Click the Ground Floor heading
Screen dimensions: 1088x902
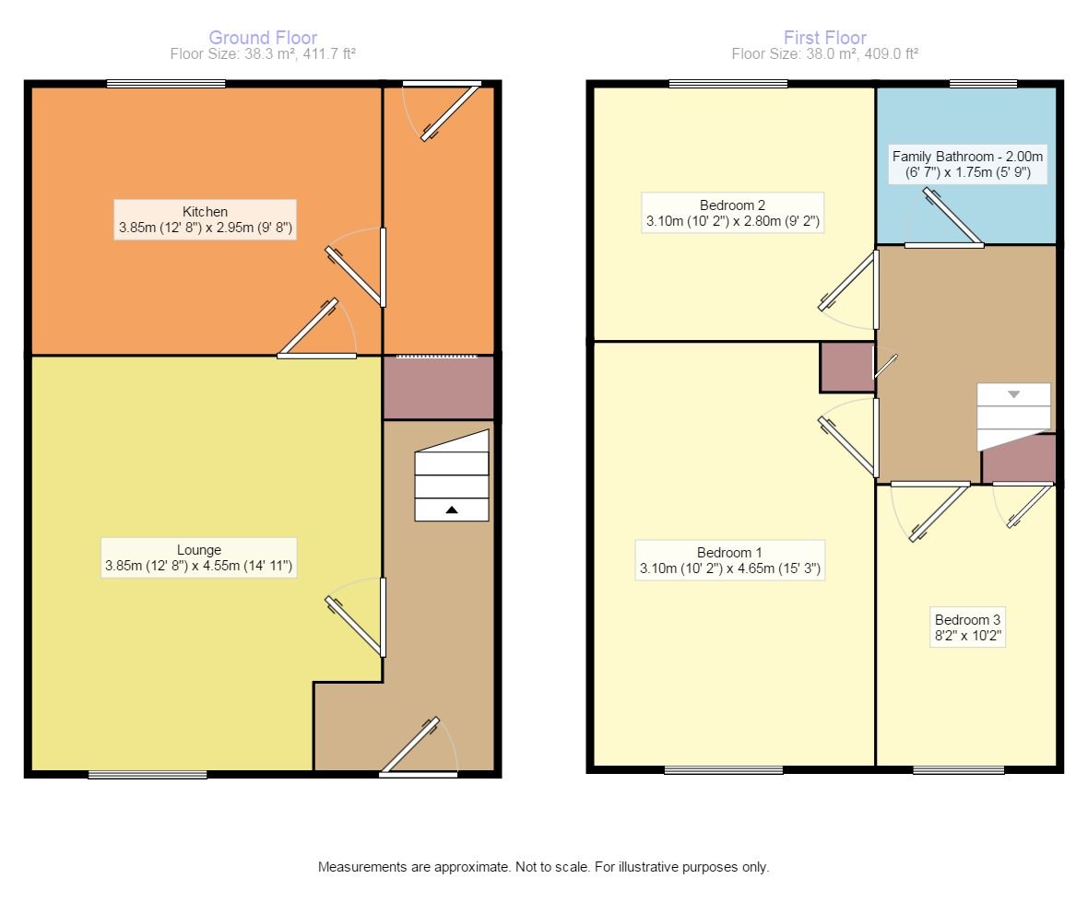tap(263, 38)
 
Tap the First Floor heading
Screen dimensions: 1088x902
tap(824, 38)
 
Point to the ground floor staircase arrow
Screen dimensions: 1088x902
tap(451, 509)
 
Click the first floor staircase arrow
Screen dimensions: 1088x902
tap(1013, 394)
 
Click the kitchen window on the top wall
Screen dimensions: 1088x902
tap(166, 84)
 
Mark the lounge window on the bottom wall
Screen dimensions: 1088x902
tap(148, 774)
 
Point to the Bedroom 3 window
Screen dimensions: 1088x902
tap(959, 769)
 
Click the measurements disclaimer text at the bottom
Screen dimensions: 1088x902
tap(543, 867)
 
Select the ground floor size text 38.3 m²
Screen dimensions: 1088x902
tap(263, 54)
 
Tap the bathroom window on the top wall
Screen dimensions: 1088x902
tap(984, 84)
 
